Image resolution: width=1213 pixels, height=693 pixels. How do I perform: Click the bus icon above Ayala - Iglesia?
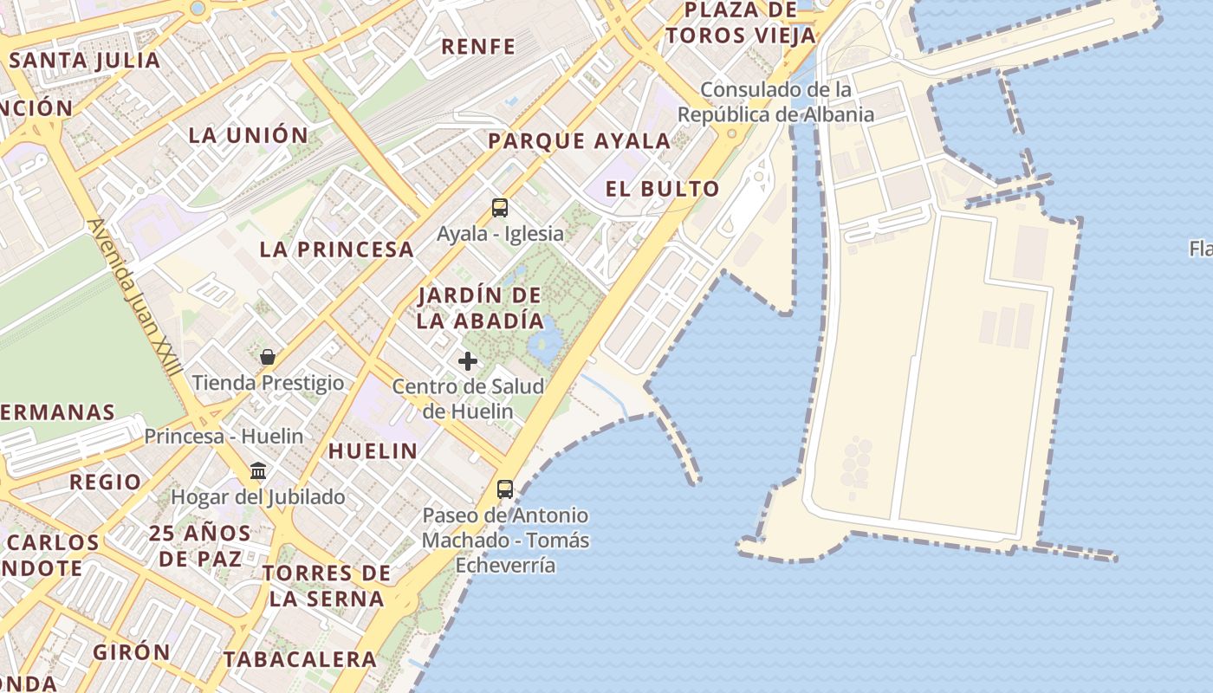[500, 208]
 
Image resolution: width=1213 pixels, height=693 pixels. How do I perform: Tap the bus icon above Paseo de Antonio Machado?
[505, 489]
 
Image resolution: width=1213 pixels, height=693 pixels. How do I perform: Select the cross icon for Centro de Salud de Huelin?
[468, 360]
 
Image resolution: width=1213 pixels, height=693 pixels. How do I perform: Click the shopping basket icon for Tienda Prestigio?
[268, 357]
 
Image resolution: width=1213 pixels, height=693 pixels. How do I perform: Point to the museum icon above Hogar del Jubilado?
[258, 471]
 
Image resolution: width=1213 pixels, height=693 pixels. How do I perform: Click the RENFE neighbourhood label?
[478, 47]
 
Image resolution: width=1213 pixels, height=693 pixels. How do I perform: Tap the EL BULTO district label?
[663, 189]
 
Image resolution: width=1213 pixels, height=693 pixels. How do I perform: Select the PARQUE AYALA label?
[580, 141]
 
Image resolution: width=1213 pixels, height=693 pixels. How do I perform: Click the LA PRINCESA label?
[337, 249]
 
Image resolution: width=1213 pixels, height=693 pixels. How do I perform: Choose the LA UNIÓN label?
[249, 135]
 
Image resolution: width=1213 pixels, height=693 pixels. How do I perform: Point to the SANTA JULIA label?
[85, 61]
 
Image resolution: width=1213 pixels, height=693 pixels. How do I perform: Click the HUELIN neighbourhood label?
[373, 450]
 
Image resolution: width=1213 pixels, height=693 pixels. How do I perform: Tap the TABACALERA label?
[300, 659]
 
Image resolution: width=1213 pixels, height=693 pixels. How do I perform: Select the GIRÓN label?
[133, 652]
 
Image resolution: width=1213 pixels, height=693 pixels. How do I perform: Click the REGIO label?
[105, 482]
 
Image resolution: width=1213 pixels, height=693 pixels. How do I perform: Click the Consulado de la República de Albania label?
[775, 102]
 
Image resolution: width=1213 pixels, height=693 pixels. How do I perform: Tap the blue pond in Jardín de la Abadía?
[543, 341]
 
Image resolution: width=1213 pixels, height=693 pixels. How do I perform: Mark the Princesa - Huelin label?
[224, 436]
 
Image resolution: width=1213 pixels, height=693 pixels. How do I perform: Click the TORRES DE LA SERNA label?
[327, 586]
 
